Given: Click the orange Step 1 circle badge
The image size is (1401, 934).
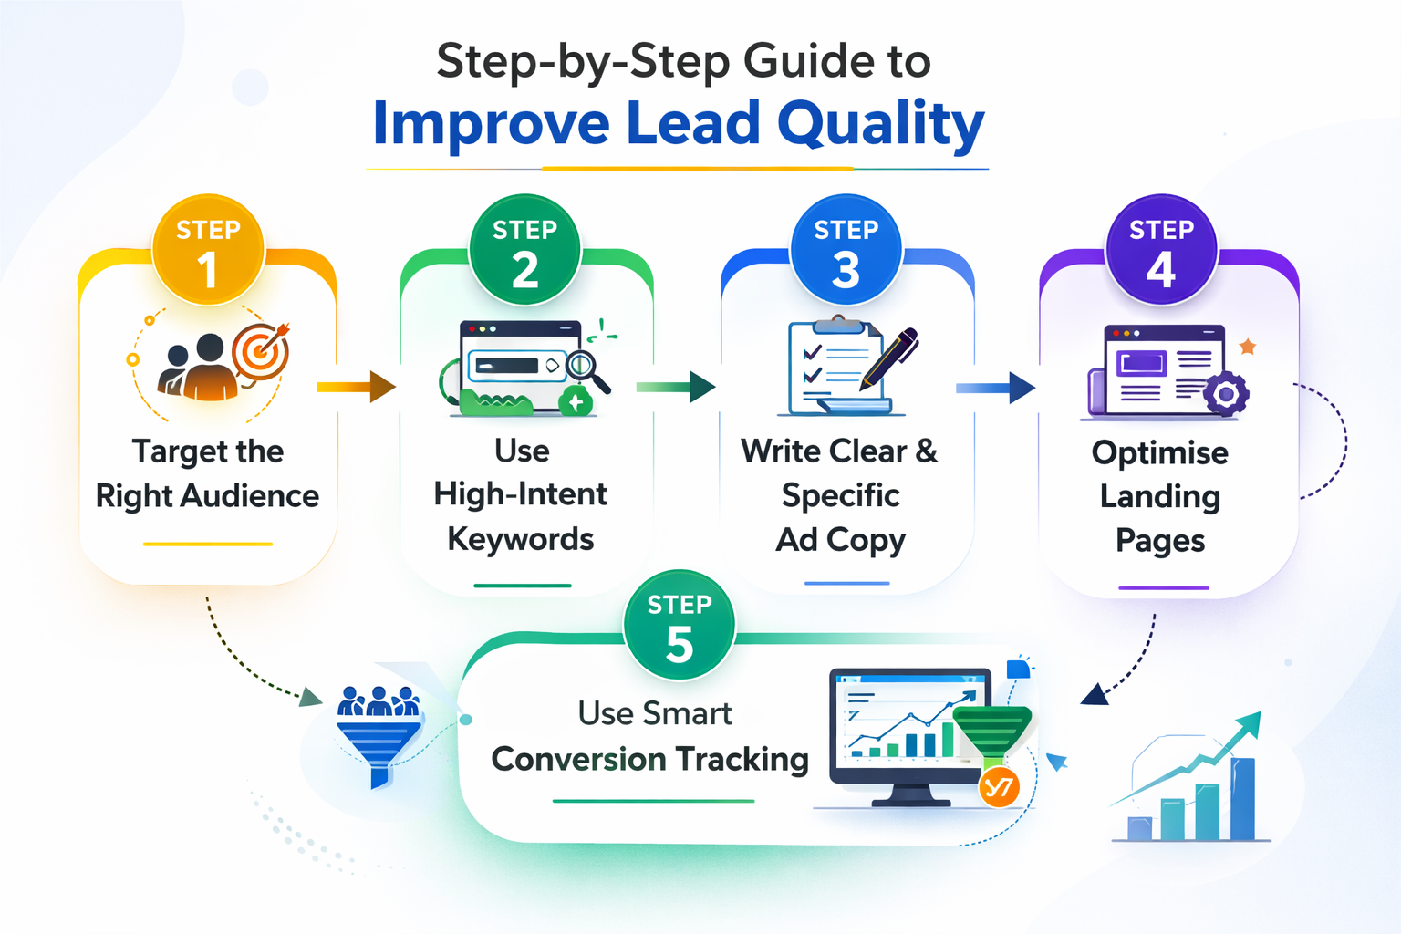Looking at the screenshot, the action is click(208, 250).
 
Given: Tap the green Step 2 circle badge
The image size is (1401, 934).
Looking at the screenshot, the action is click(524, 250).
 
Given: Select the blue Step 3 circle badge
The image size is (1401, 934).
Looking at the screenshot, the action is click(846, 250).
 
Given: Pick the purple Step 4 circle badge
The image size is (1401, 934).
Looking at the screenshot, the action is click(1161, 250).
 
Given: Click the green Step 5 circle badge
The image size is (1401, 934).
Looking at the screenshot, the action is click(680, 625).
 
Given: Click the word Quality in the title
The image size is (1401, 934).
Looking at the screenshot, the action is click(881, 125).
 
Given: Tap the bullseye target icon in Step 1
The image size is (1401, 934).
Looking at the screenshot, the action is click(261, 351).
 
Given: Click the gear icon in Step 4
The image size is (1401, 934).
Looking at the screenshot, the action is click(1226, 393).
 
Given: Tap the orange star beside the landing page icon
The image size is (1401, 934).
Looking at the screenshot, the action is click(1248, 346).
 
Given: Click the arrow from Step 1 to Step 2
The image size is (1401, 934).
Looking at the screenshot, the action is click(357, 387).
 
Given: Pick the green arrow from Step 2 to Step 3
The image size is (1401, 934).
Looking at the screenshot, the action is click(676, 387).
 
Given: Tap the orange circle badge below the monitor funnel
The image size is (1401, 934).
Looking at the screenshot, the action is click(999, 787).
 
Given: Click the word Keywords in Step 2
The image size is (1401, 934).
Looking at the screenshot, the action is click(521, 539).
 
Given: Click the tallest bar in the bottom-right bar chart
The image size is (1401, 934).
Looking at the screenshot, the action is click(1243, 799).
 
